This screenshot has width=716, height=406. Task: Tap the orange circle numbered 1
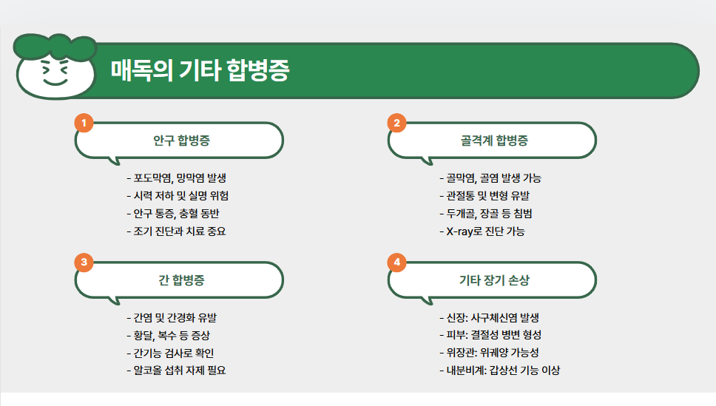pyautogui.click(x=84, y=123)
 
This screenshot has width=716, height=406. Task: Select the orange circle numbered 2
pyautogui.click(x=397, y=123)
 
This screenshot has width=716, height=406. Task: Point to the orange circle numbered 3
pyautogui.click(x=84, y=263)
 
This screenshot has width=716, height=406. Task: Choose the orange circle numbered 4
pyautogui.click(x=397, y=263)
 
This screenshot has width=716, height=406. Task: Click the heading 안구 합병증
pyautogui.click(x=181, y=141)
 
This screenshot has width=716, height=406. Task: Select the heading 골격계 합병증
pyautogui.click(x=493, y=141)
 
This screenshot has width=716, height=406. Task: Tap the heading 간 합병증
pyautogui.click(x=181, y=280)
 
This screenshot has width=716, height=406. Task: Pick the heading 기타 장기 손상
pyautogui.click(x=493, y=280)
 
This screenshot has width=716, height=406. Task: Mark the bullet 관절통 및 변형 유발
pyautogui.click(x=484, y=196)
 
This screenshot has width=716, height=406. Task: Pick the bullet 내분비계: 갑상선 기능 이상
pyautogui.click(x=504, y=371)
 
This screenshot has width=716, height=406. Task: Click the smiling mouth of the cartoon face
pyautogui.click(x=54, y=83)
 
